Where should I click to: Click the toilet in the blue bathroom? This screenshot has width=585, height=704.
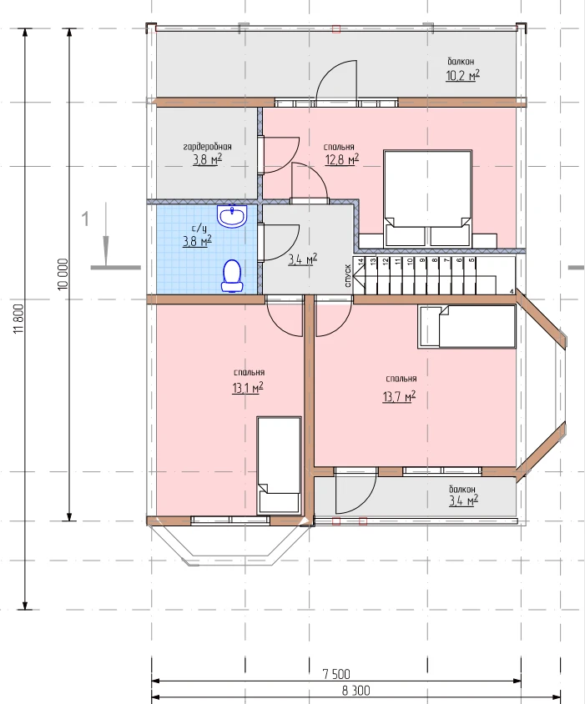(x=232, y=275)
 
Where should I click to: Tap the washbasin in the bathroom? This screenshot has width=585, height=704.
(x=232, y=216)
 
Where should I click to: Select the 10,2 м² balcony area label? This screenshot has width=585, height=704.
(x=463, y=75)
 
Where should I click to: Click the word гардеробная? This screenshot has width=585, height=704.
(x=208, y=147)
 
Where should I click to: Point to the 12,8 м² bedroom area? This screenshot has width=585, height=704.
(x=342, y=159)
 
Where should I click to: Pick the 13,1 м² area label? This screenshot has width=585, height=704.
(x=248, y=388)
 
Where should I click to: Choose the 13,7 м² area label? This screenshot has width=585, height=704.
(x=399, y=396)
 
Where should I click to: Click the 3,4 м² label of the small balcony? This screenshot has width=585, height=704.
(x=463, y=500)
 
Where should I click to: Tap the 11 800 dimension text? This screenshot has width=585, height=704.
(x=19, y=319)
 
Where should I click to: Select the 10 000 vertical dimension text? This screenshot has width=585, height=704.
(x=63, y=274)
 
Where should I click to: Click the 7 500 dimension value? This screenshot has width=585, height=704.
(x=336, y=673)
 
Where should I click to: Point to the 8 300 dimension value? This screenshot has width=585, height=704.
(x=356, y=691)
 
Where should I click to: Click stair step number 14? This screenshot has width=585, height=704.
(x=361, y=262)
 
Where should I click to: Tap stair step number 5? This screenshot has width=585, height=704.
(x=472, y=260)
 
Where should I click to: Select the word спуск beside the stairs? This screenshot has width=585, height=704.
(x=348, y=275)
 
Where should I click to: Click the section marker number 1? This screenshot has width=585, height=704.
(x=85, y=219)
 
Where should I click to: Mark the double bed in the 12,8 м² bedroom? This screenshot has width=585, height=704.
(x=426, y=199)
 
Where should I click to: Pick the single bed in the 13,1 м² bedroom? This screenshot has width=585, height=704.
(x=279, y=465)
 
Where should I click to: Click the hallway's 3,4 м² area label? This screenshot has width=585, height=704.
(x=303, y=259)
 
